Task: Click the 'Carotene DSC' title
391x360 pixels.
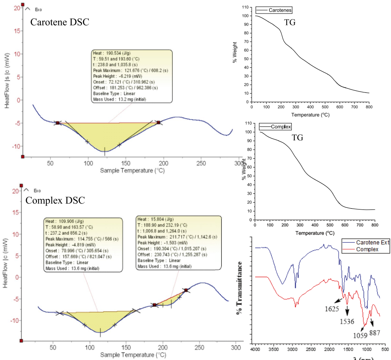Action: tap(60, 22)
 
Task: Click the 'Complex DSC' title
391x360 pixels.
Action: tap(56, 200)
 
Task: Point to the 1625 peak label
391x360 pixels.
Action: tap(332, 308)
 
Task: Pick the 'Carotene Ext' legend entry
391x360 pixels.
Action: tap(371, 243)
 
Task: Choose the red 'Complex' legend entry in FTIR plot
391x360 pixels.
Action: tap(366, 249)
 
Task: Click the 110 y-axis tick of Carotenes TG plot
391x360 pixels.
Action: tap(244, 8)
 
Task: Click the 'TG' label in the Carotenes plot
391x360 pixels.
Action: tap(289, 22)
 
